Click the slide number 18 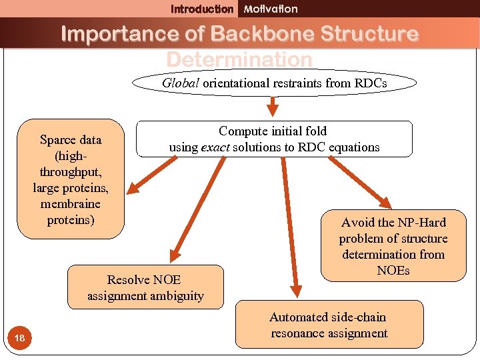click(20, 339)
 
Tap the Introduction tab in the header click(202, 9)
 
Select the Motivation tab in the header click(271, 9)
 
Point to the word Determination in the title click(239, 59)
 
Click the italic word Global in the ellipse click(181, 83)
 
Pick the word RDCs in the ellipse click(370, 83)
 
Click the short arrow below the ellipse click(273, 105)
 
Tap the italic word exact click(215, 147)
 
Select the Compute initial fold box click(274, 139)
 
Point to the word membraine click(71, 204)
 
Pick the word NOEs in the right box click(393, 271)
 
